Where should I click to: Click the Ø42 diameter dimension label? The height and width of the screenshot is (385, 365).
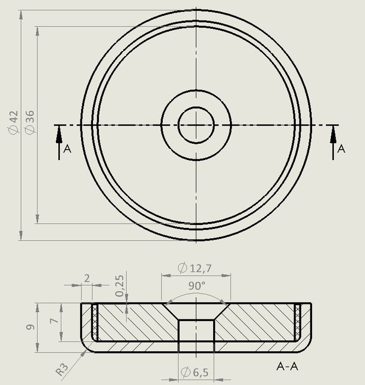click(x=13, y=123)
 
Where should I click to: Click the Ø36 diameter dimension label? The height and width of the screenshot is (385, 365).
click(x=30, y=123)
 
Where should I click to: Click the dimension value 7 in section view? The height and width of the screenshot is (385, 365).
click(x=54, y=322)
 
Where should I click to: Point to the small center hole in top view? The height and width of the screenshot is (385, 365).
click(x=196, y=125)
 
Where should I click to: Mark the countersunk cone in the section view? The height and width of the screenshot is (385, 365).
click(x=196, y=311)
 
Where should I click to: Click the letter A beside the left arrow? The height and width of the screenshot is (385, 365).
click(x=67, y=149)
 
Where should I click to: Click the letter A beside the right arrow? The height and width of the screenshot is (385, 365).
click(x=342, y=149)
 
